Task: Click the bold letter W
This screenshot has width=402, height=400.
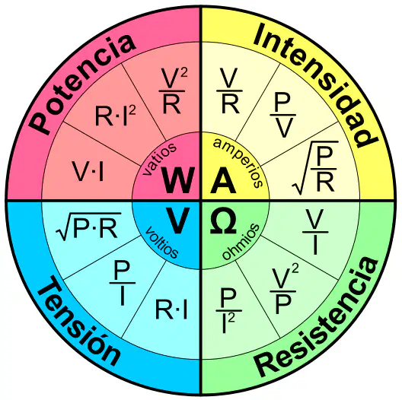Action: click(x=177, y=179)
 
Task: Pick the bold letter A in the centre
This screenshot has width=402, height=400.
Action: click(x=223, y=179)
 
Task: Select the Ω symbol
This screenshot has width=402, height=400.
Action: click(x=223, y=221)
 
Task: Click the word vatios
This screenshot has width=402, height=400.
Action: click(x=159, y=159)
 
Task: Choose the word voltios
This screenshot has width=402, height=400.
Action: click(x=161, y=243)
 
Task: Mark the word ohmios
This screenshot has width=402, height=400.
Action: click(x=241, y=241)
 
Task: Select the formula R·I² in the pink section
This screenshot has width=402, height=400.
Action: click(x=116, y=115)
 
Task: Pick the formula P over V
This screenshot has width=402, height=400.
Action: click(x=282, y=115)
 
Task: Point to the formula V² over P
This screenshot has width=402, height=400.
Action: click(x=284, y=290)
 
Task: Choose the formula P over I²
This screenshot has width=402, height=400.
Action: click(x=228, y=310)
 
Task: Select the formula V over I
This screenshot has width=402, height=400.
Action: click(x=315, y=231)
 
